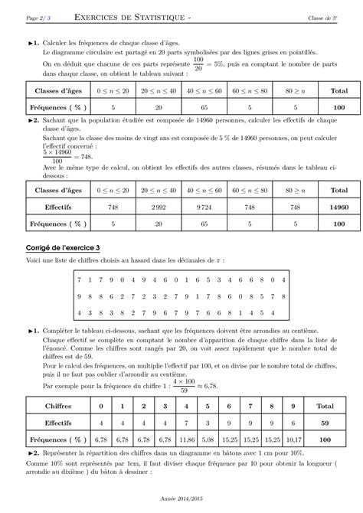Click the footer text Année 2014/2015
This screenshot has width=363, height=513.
point(181,496)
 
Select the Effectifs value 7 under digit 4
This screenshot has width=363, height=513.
point(184,423)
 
